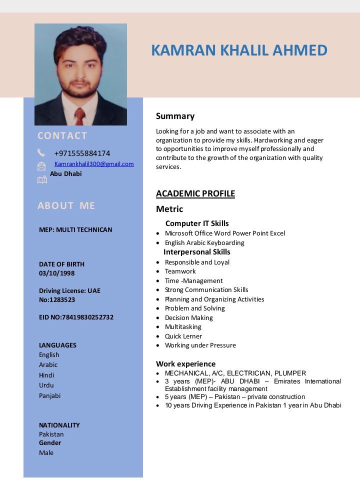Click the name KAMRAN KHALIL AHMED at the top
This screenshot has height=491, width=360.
tap(239, 50)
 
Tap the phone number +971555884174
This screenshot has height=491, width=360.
tap(82, 153)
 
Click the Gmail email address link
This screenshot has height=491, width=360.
tap(94, 164)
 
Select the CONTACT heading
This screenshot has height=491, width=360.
tap(62, 135)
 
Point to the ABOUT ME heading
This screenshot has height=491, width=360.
tap(66, 205)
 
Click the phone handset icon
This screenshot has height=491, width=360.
tap(41, 152)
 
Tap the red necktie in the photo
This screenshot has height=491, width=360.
tap(79, 116)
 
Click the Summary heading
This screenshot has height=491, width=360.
tap(175, 116)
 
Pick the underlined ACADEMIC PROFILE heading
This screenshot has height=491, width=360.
tap(195, 193)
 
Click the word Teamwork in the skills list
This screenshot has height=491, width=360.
tap(180, 271)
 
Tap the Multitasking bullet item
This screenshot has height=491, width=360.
tap(183, 326)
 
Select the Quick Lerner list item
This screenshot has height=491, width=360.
tap(183, 336)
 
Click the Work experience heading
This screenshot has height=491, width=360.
tap(185, 363)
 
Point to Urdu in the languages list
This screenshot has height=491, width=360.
tap(46, 385)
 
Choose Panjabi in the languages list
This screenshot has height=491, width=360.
tap(50, 395)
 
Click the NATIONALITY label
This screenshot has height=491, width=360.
tap(59, 425)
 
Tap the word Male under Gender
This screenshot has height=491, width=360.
tap(46, 452)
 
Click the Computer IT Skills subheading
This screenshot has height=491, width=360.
tap(197, 223)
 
